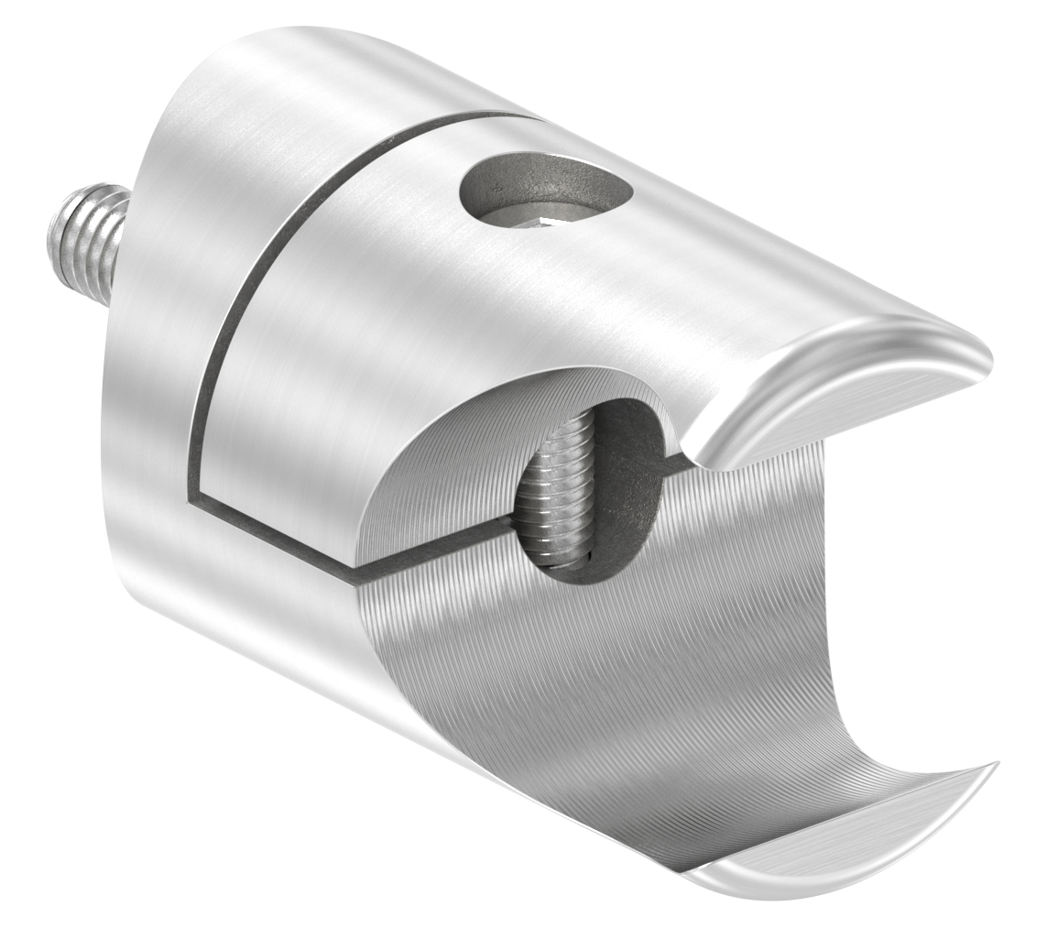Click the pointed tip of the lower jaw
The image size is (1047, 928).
[x=994, y=768]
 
